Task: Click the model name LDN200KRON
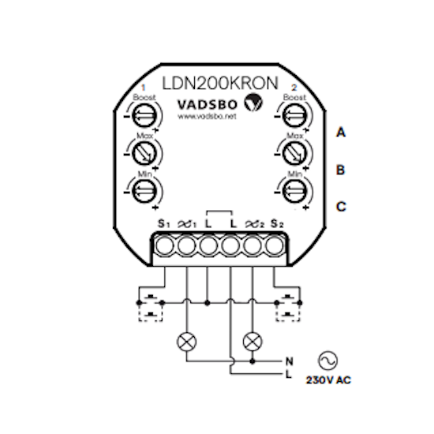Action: (x=220, y=83)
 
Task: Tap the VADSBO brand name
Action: (x=208, y=105)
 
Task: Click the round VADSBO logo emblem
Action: (x=253, y=103)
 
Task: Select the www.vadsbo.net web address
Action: (x=207, y=117)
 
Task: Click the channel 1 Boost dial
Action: (x=144, y=116)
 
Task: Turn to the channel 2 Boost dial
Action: (x=294, y=116)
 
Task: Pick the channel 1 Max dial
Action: (x=144, y=153)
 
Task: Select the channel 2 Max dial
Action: (x=294, y=153)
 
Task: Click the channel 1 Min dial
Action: (x=144, y=191)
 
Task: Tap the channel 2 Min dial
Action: (x=294, y=191)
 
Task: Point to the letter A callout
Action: (x=341, y=132)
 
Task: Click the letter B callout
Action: (x=340, y=170)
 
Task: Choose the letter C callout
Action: (x=341, y=207)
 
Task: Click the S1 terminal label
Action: (x=163, y=223)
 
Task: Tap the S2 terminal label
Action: (x=277, y=223)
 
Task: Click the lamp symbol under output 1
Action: (x=186, y=342)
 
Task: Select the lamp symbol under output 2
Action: (x=253, y=342)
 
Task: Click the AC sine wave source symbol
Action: (x=328, y=361)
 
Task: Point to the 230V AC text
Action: (x=328, y=380)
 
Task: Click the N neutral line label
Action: (x=289, y=361)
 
